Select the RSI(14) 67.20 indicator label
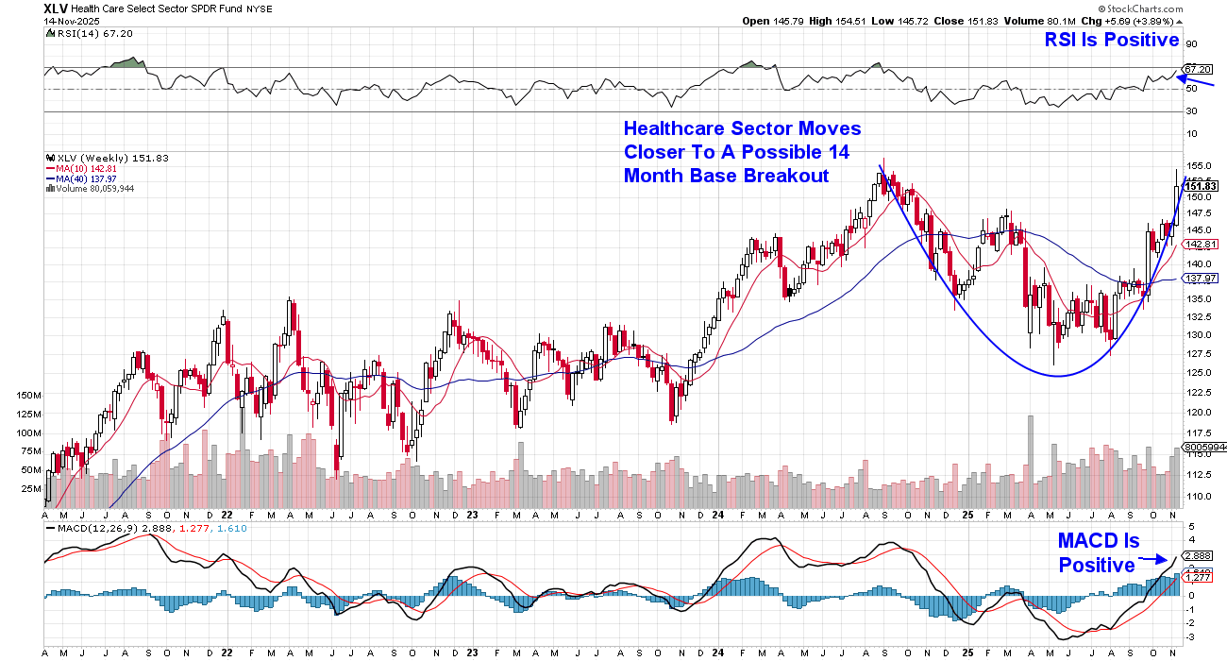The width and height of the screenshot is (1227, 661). click(82, 32)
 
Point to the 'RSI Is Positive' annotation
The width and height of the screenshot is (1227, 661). click(1111, 40)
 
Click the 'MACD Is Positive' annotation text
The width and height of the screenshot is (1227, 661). click(1098, 553)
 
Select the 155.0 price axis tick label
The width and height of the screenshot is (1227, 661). click(1196, 164)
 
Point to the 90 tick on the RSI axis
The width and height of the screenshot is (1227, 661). click(1190, 43)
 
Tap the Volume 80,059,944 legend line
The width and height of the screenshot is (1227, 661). click(92, 188)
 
